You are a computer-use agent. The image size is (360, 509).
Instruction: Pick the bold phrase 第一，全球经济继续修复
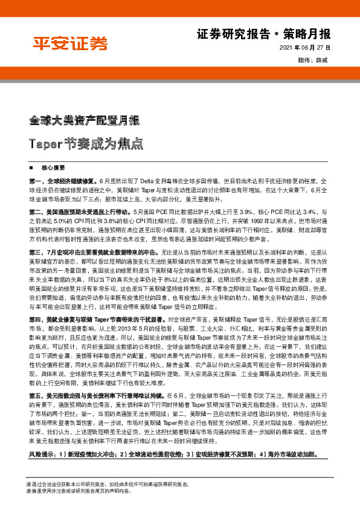pyautogui.click(x=63, y=181)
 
